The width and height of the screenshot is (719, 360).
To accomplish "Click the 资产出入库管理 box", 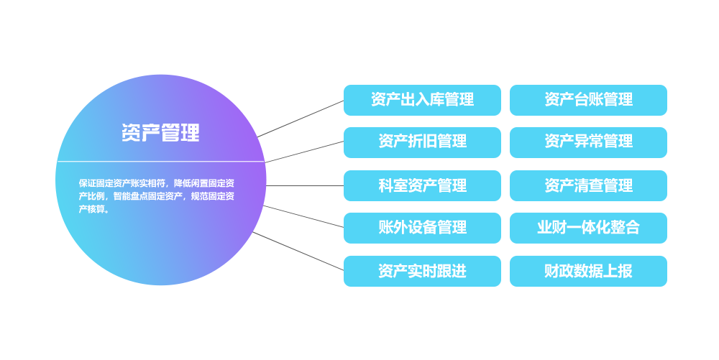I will [422, 100].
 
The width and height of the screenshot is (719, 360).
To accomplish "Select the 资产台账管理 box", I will [588, 100].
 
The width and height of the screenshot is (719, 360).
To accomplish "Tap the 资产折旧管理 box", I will [422, 142].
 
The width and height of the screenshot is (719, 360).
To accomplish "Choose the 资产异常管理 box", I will [588, 142].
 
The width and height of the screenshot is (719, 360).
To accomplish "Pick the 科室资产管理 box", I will [422, 185].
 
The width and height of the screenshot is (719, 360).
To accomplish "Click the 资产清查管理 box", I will [588, 185].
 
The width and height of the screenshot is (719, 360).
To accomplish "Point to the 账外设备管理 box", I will [422, 228].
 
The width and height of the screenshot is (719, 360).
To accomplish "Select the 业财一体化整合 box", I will [588, 228].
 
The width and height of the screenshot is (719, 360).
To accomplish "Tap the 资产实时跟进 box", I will [422, 271].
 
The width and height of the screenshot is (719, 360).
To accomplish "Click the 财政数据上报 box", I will [588, 271].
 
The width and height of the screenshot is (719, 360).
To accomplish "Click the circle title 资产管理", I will [160, 132].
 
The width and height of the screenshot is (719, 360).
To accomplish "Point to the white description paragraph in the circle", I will [156, 196].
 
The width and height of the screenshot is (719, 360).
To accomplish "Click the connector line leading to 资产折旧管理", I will [304, 152].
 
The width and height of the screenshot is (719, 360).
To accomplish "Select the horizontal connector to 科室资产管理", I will [305, 185].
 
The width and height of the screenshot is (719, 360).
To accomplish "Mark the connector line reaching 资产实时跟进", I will [298, 251].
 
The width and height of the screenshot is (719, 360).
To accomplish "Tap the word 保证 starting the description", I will [85, 183].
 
